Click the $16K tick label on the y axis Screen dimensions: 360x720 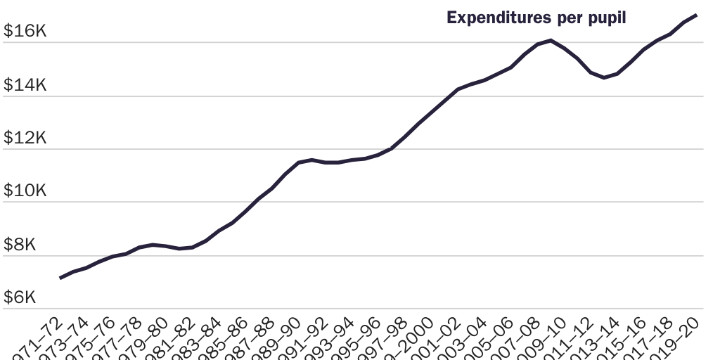pyautogui.click(x=25, y=32)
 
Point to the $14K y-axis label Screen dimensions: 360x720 pyautogui.click(x=25, y=85)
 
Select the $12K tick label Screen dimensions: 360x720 pyautogui.click(x=25, y=139)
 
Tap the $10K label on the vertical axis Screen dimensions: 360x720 pyautogui.click(x=25, y=191)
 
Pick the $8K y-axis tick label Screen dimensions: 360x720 pyautogui.click(x=20, y=245)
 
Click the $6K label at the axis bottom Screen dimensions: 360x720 pyautogui.click(x=20, y=298)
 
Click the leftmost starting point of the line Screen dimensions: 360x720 pyautogui.click(x=60, y=278)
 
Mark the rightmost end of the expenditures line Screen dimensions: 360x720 pyautogui.click(x=696, y=15)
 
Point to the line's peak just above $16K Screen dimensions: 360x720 pyautogui.click(x=551, y=41)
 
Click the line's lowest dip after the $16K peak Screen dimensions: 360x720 pyautogui.click(x=604, y=77)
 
